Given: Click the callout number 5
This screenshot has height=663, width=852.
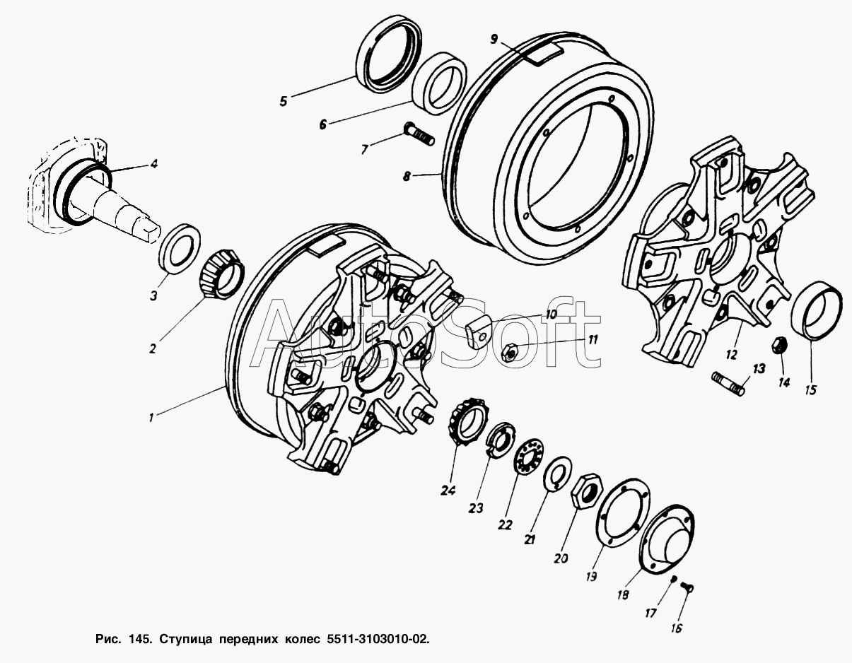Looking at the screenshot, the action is tap(284, 101).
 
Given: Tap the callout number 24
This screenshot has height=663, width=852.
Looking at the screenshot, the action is tap(448, 491).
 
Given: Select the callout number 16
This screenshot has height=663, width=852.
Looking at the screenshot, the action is tap(677, 628).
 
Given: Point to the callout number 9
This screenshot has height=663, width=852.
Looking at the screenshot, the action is tap(494, 39).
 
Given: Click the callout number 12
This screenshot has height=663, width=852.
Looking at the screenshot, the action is tap(732, 355).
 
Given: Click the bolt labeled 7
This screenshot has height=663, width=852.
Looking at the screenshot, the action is tap(418, 134).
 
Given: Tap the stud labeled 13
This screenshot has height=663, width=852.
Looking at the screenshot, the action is tap(728, 384).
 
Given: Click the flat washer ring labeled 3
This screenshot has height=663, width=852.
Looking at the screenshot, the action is tap(181, 248).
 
